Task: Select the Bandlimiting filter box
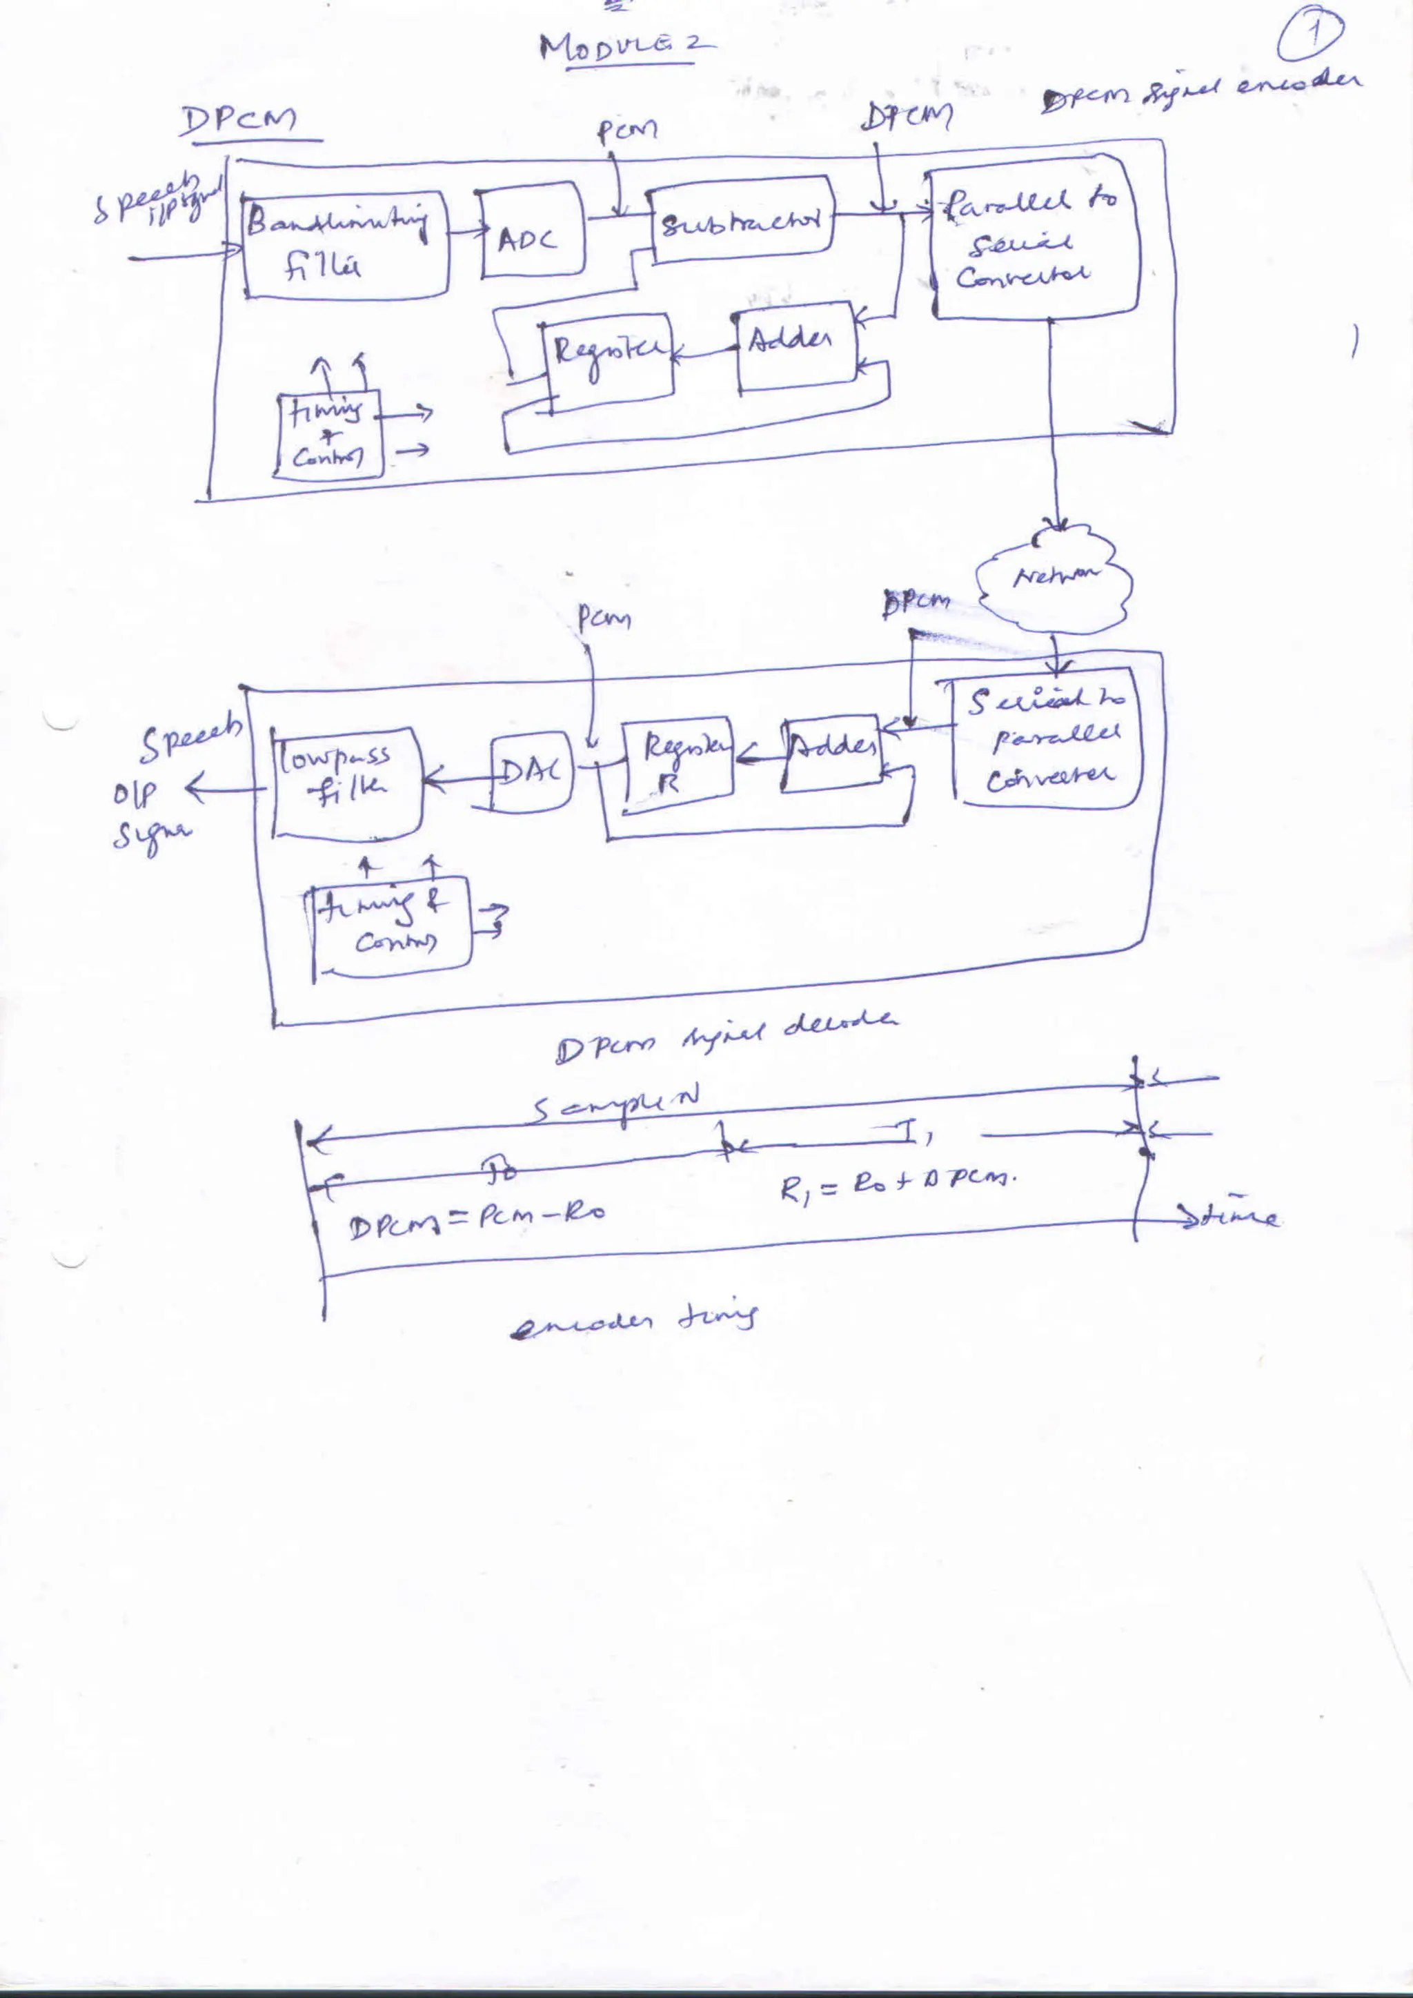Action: point(346,246)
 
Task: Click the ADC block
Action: point(532,231)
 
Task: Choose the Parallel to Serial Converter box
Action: point(1034,237)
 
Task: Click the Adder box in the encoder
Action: point(794,346)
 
